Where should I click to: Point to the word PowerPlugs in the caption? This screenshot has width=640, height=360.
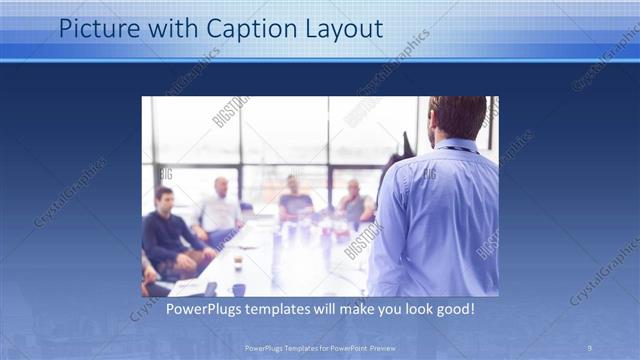click(x=209, y=309)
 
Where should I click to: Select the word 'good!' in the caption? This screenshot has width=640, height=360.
click(x=453, y=309)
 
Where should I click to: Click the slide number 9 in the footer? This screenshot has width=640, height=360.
click(x=590, y=347)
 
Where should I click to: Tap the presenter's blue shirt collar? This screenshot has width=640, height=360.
click(x=455, y=146)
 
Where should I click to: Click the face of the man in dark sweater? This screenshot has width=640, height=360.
click(x=164, y=197)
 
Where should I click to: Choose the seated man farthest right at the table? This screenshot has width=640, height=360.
click(x=353, y=202)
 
